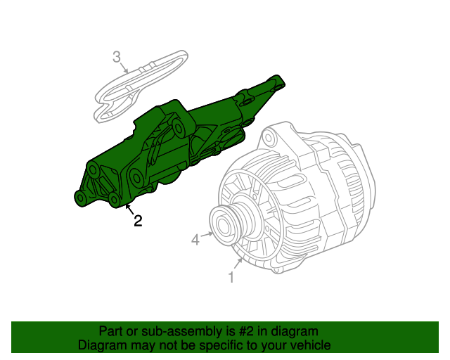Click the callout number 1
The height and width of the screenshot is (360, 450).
(x=231, y=278)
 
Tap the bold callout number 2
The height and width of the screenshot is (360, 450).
(x=138, y=221)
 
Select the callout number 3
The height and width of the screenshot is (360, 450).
(x=117, y=56)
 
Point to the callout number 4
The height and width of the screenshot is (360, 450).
(x=196, y=241)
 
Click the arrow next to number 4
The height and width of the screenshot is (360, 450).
(x=206, y=235)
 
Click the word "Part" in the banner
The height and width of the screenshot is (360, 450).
(x=111, y=331)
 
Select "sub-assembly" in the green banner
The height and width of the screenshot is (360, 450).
(x=172, y=331)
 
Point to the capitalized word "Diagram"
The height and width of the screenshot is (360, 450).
(x=102, y=346)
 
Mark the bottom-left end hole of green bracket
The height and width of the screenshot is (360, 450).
(x=82, y=200)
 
